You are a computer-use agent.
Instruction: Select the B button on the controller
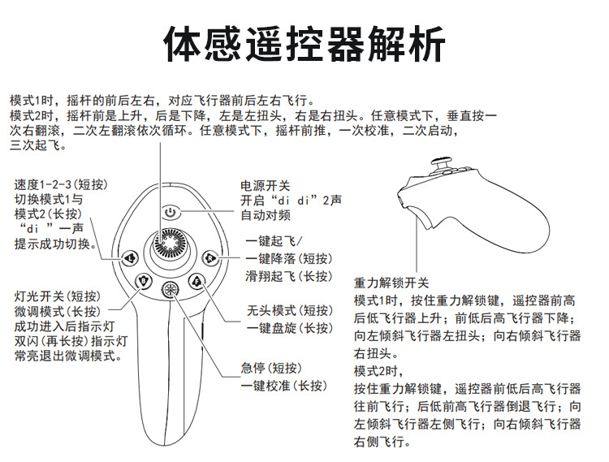[x=145, y=281]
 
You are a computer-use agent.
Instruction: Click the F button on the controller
[x=196, y=281]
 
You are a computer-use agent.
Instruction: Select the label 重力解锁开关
[x=391, y=283]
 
